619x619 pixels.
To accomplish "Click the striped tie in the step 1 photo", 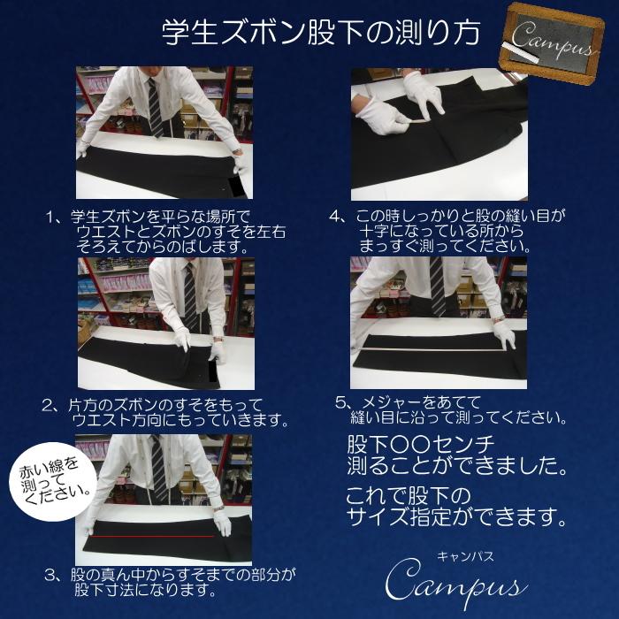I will tap(156, 107).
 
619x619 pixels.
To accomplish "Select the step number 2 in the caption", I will tap(50, 404).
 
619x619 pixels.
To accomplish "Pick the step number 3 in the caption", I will tap(50, 575).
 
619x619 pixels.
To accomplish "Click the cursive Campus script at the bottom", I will tap(456, 586).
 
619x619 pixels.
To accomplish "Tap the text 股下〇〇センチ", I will tap(421, 441).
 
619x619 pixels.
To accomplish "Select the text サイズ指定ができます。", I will tap(456, 514).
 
